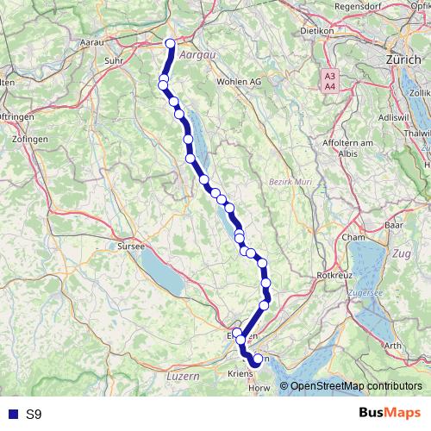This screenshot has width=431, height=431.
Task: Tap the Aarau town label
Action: click(x=92, y=41)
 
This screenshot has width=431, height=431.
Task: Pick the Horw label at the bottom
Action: click(x=259, y=389)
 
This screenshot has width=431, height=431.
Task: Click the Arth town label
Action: click(x=393, y=345)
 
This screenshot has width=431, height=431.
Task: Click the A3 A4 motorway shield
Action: click(x=329, y=81)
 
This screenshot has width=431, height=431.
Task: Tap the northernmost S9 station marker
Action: click(x=170, y=43)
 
